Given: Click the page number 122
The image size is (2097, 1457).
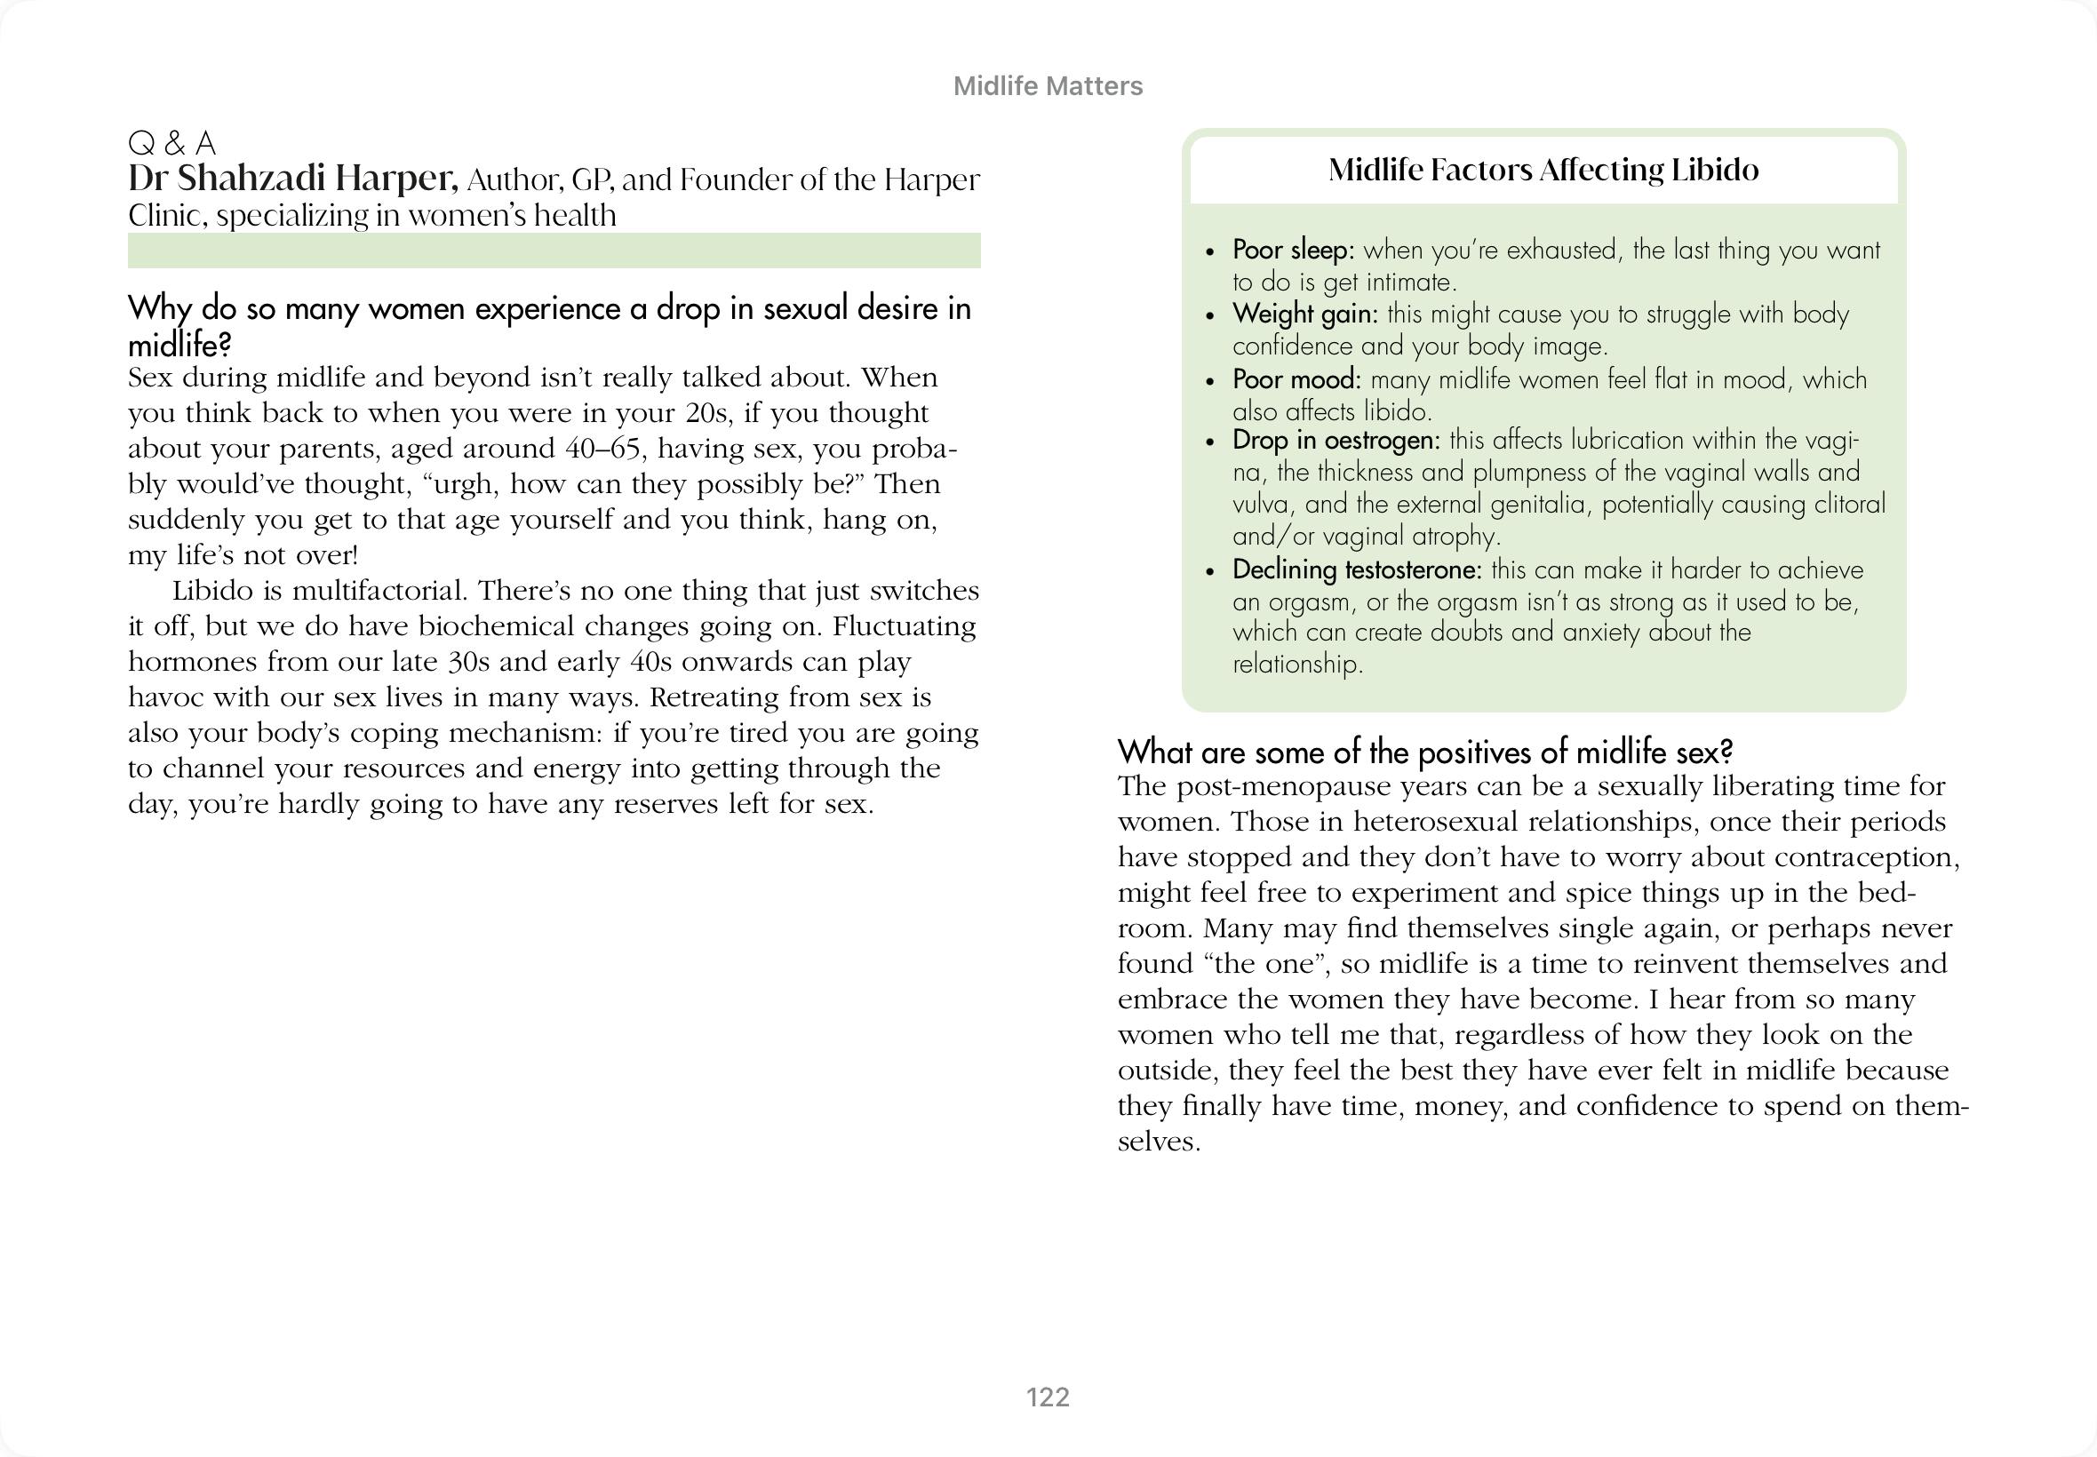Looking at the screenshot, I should [x=1047, y=1397].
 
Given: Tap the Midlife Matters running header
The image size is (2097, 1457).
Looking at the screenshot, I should [x=1047, y=86].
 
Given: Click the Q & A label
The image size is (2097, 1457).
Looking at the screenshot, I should [x=171, y=143].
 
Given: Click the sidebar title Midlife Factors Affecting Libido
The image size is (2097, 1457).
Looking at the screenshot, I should [x=1543, y=170].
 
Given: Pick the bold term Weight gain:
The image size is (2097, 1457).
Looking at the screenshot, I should [x=1304, y=313].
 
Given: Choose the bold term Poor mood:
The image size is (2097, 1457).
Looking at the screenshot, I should [x=1296, y=378].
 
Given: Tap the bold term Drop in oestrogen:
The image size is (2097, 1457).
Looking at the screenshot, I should [x=1336, y=439].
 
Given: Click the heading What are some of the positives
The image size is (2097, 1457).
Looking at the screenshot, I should [x=1424, y=752].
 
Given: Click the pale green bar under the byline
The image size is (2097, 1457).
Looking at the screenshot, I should [x=554, y=251].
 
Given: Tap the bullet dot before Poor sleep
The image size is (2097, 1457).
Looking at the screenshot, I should [x=1210, y=251].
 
